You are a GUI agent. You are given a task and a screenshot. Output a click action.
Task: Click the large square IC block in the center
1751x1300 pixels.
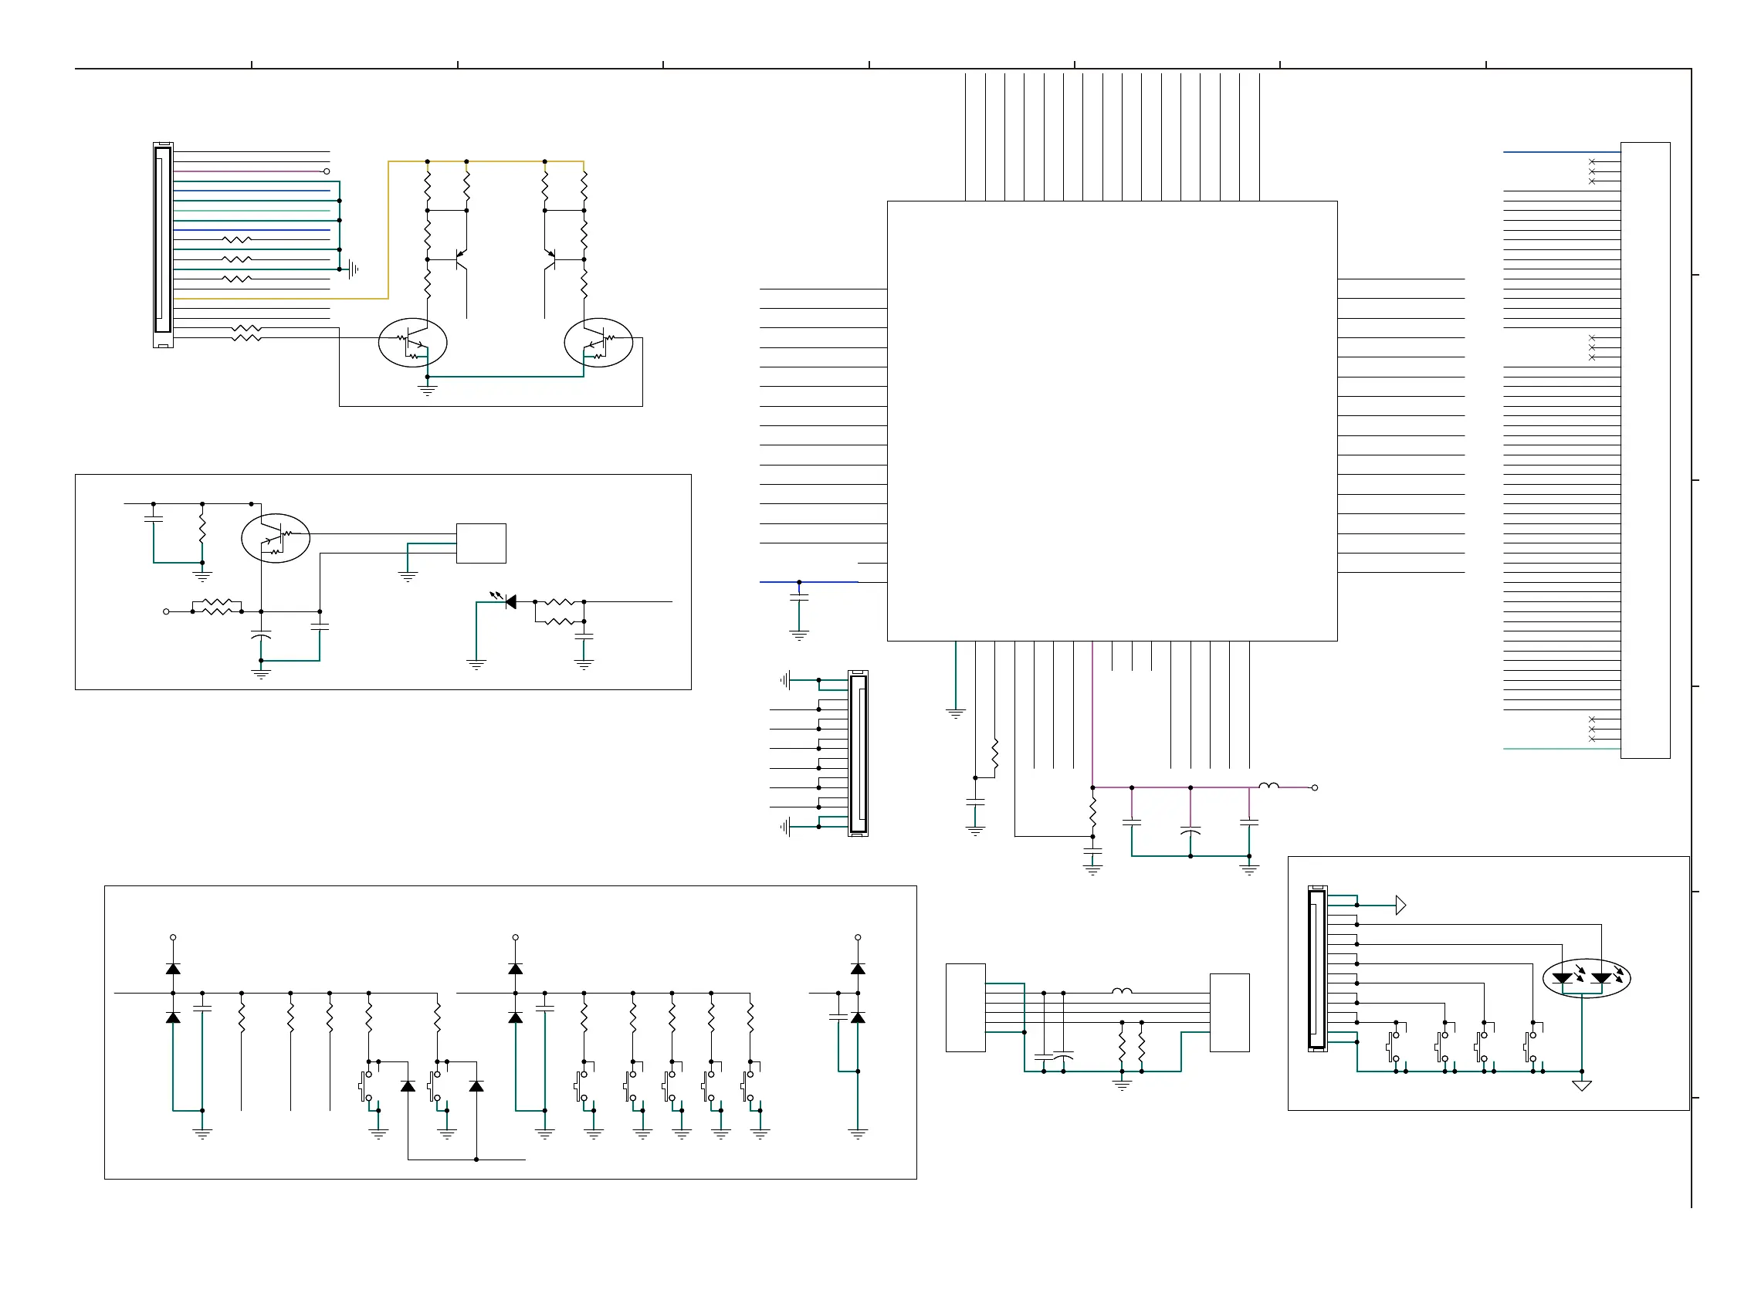[1111, 420]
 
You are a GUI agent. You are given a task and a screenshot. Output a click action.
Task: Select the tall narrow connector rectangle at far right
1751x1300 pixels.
[1644, 450]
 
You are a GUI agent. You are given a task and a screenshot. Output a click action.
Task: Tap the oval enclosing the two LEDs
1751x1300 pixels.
[1586, 978]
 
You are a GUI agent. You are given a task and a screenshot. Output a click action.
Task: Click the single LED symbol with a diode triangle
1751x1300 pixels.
[510, 602]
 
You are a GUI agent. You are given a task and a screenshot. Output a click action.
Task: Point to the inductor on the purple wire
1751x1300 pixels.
[1268, 785]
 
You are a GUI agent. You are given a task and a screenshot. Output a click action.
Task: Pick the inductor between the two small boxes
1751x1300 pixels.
[1122, 991]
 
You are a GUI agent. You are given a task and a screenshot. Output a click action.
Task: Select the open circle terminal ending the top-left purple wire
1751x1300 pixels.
[327, 171]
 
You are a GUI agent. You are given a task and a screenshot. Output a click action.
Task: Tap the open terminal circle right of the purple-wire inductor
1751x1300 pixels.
[1314, 787]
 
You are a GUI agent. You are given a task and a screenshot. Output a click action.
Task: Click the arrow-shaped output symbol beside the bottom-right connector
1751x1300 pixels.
[1400, 905]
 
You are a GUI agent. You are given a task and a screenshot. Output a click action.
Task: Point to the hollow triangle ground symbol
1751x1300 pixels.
[1581, 1086]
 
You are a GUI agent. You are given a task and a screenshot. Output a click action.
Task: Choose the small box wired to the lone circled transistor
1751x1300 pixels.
[481, 543]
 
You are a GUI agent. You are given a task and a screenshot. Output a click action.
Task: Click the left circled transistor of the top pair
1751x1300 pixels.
[412, 342]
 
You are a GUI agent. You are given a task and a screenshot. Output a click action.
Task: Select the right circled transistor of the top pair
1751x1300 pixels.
[599, 342]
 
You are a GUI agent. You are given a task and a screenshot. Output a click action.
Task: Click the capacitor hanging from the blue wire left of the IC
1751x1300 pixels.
[799, 599]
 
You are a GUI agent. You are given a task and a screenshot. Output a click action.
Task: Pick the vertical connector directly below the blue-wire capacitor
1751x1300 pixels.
[858, 753]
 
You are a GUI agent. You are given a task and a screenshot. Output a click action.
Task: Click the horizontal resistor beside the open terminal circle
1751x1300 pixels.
[216, 607]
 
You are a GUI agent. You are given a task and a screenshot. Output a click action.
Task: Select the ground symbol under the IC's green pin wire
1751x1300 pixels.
[955, 714]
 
